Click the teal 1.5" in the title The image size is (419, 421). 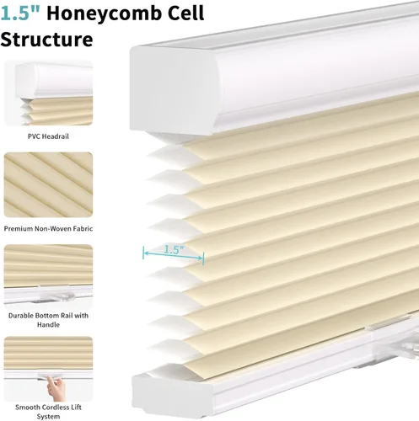(20, 13)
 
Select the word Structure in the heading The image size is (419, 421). (46, 39)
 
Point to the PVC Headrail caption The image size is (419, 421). (48, 136)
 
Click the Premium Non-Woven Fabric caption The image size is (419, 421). (48, 229)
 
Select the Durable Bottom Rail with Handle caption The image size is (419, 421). (48, 320)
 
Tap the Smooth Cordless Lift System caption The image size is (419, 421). (48, 412)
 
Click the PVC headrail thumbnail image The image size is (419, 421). (48, 93)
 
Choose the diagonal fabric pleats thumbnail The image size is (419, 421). (48, 185)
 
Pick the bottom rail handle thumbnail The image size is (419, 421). (48, 277)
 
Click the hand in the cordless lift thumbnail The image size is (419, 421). (56, 387)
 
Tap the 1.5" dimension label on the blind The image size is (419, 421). (174, 249)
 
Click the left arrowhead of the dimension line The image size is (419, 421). (145, 253)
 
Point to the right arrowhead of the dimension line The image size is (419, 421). (201, 258)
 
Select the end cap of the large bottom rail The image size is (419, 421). (171, 393)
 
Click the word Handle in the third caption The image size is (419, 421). (48, 325)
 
